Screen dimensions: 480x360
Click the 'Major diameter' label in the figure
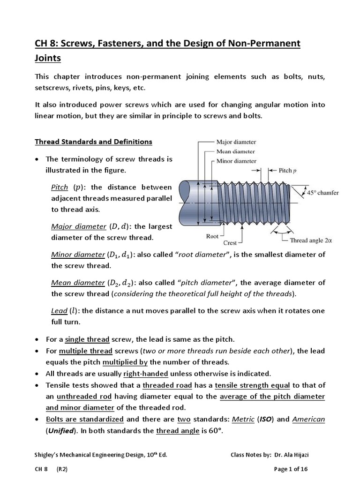click(236, 142)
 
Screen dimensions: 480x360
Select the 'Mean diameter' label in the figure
click(235, 151)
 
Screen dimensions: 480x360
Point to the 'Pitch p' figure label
click(288, 171)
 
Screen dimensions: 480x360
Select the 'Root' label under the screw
click(212, 236)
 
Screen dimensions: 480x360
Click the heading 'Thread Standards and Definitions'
click(94, 142)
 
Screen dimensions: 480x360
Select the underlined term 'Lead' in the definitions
click(59, 311)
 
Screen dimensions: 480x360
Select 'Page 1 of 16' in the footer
click(291, 469)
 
